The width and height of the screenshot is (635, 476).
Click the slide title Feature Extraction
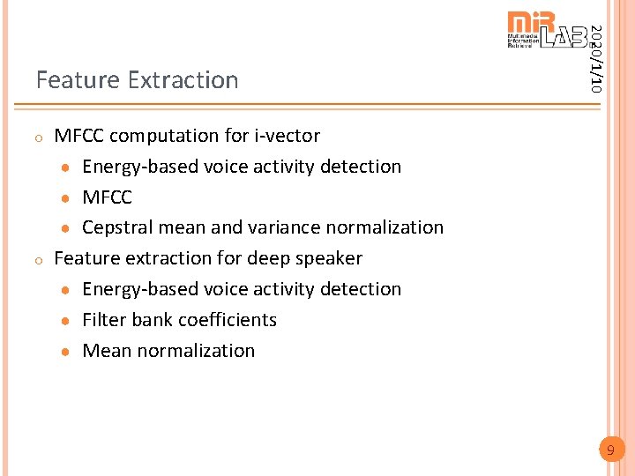(137, 80)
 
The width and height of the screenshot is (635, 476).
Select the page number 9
(609, 451)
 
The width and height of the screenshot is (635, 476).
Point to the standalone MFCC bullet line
(107, 197)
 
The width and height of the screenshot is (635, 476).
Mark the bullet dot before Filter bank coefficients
(66, 321)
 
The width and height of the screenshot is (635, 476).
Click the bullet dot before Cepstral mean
(66, 228)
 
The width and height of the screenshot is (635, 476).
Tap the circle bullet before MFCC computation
(40, 138)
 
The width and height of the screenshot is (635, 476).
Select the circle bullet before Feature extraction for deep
(40, 260)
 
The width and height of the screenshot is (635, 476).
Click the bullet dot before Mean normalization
(66, 352)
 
